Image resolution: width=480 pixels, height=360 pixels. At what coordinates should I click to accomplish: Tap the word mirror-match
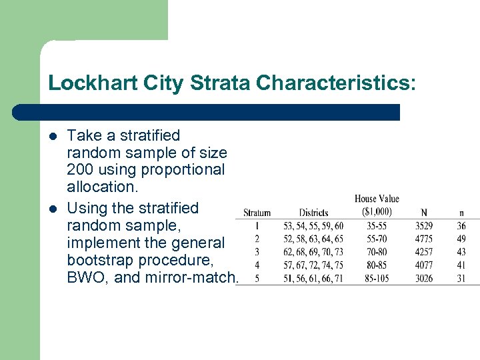195,277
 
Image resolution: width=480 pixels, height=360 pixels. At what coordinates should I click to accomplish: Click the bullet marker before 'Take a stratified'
53,136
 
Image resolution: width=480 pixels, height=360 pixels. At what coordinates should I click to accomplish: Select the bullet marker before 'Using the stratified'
53,209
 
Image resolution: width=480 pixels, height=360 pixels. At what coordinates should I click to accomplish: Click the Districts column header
313,213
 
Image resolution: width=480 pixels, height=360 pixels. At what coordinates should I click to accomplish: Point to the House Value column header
377,205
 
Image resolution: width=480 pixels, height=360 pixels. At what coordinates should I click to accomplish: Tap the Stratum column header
257,213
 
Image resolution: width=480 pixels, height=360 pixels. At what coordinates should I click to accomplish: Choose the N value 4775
424,239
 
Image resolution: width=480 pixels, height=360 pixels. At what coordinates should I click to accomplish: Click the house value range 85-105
377,278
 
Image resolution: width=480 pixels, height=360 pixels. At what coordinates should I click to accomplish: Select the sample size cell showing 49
461,239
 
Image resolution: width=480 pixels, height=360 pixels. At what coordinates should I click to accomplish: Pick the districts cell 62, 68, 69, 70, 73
313,252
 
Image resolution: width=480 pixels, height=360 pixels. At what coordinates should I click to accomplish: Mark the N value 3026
424,278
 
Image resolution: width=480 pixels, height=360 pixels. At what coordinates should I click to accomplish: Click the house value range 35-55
377,226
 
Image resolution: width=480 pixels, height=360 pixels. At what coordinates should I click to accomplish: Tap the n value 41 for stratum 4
461,265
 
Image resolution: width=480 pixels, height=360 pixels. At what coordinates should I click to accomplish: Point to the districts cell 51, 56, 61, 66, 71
313,278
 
